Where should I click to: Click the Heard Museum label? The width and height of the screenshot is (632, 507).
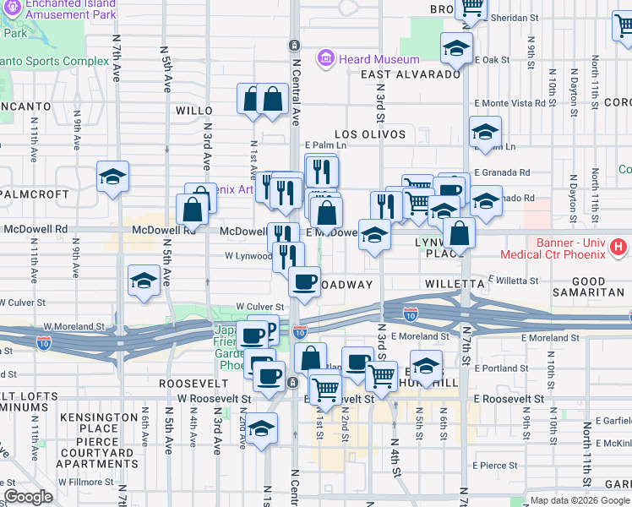click(x=379, y=59)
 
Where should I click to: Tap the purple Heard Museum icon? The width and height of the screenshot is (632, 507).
click(x=325, y=59)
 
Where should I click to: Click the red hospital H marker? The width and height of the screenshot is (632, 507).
click(x=618, y=248)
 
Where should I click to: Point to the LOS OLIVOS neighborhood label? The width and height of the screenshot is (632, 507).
click(x=370, y=134)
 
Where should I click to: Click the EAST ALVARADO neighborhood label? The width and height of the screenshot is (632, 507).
click(x=411, y=74)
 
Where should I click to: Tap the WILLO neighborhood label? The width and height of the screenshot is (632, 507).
click(x=193, y=111)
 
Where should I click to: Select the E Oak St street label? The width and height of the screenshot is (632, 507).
click(x=493, y=60)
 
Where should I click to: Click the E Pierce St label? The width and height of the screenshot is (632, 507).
click(x=495, y=465)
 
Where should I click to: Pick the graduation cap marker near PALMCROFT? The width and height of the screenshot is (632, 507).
click(x=112, y=177)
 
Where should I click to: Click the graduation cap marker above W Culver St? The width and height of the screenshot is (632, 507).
click(x=144, y=281)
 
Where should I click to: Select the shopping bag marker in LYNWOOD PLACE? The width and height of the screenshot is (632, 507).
click(x=459, y=232)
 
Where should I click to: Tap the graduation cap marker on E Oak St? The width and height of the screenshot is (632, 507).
click(x=456, y=47)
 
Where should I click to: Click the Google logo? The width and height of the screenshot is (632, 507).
click(x=28, y=497)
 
